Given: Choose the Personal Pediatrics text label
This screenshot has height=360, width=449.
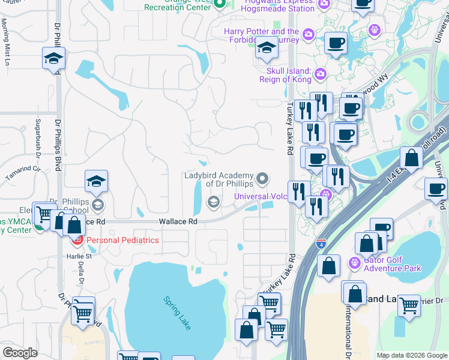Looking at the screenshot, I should click(122, 240).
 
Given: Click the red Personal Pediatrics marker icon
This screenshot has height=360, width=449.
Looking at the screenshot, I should click(77, 241).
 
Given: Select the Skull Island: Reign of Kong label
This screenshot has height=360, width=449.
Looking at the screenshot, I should click(286, 74).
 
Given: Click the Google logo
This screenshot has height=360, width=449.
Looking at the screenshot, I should click(20, 352).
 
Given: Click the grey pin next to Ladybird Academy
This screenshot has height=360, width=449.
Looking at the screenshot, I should click(262, 178).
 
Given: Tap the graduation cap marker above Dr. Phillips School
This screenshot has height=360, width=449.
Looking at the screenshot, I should click(96, 181).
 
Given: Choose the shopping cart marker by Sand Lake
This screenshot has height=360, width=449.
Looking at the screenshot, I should click(409, 304).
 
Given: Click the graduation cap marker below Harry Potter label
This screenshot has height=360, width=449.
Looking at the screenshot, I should click(265, 49).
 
